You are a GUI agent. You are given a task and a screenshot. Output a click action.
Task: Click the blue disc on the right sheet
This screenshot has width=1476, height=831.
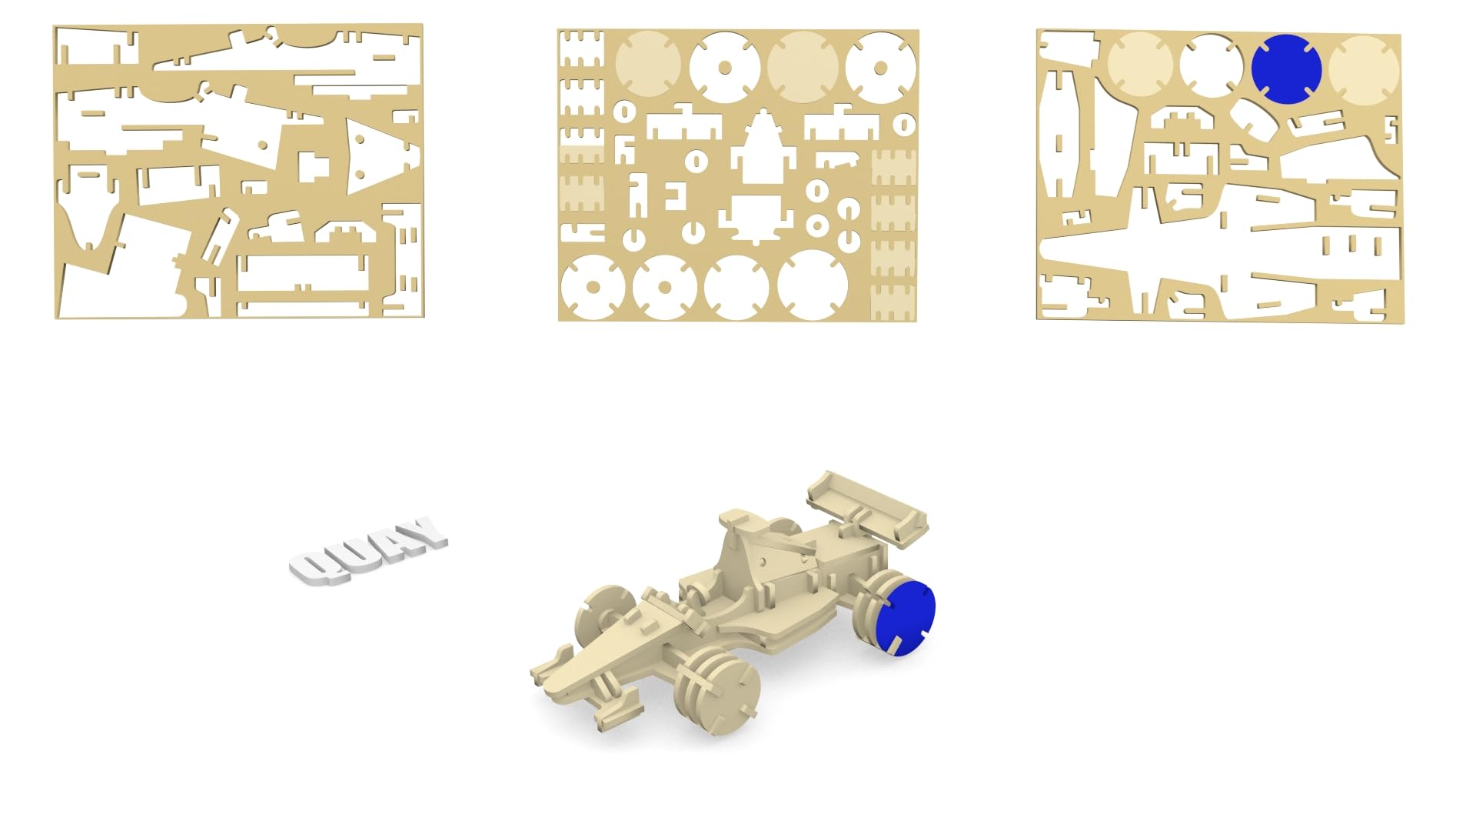pos(1286,68)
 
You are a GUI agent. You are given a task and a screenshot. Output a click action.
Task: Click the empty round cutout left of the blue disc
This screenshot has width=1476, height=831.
pos(1211,66)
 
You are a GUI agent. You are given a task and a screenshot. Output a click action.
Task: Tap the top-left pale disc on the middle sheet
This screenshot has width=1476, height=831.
pos(647,64)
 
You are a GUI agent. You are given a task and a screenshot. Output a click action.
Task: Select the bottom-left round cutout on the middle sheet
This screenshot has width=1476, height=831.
pos(591,287)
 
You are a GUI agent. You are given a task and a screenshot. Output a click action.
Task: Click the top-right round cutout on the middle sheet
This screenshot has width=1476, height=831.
pos(881,67)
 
